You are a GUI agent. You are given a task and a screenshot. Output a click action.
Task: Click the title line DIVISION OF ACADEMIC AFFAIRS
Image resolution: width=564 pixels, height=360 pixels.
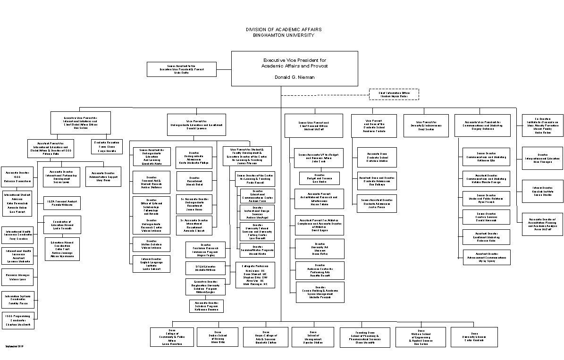pos(283,29)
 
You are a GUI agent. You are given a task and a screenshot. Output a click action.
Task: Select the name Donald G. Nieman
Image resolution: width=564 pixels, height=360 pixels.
pos(295,77)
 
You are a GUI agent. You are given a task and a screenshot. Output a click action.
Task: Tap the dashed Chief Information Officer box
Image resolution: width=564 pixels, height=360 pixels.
pos(394,94)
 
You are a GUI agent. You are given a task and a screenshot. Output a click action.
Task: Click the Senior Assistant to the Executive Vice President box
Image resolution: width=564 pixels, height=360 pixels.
pos(181,69)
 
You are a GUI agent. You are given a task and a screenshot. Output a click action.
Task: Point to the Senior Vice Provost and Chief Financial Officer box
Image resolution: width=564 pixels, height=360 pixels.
pos(314,126)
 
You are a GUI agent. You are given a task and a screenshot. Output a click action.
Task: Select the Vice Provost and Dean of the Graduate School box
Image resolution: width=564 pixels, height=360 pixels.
pos(374,126)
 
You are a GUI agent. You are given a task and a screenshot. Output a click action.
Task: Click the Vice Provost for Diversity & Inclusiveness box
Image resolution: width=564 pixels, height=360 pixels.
pos(426,126)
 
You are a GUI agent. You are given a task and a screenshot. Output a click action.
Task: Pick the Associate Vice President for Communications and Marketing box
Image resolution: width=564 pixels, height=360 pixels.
pos(482,126)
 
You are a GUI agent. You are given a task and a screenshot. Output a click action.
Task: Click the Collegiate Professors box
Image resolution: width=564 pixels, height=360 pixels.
pos(255,275)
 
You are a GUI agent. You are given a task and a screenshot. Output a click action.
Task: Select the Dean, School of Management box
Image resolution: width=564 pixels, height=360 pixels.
pos(312,337)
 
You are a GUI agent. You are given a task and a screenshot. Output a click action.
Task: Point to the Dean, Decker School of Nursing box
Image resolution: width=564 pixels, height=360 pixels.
pos(218,337)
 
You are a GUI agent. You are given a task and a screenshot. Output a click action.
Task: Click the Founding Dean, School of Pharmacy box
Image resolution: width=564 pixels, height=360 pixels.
pos(365,337)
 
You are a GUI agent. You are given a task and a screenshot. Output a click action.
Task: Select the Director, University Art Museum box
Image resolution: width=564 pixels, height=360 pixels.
pos(320,249)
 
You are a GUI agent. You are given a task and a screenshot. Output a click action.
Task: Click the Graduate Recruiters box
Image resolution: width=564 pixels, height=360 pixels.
pos(107,146)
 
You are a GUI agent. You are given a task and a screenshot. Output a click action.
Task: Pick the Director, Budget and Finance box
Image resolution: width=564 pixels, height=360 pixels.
pos(320,178)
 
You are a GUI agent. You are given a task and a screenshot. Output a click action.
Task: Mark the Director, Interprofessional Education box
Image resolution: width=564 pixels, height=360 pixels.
pos(542,158)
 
